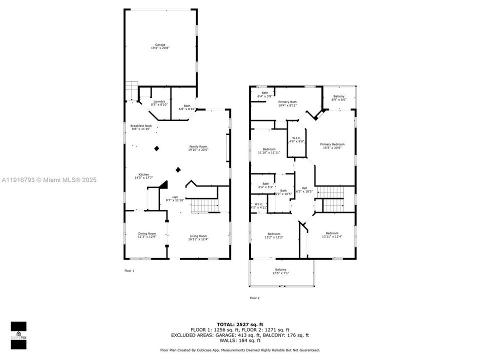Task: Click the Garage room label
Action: pyautogui.click(x=159, y=46)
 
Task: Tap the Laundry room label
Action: pyautogui.click(x=159, y=103)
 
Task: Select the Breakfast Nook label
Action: pyautogui.click(x=141, y=127)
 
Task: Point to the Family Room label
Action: pyautogui.click(x=198, y=147)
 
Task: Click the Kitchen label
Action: pyautogui.click(x=143, y=176)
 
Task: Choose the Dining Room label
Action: pyautogui.click(x=147, y=235)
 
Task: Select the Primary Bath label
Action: pyautogui.click(x=287, y=103)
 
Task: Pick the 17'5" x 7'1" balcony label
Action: pyautogui.click(x=280, y=271)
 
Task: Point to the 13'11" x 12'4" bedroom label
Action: pyautogui.click(x=332, y=235)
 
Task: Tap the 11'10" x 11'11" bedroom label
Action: pyautogui.click(x=269, y=150)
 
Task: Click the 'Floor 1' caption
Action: pyautogui.click(x=129, y=270)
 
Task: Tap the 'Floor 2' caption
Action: pyautogui.click(x=254, y=297)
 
